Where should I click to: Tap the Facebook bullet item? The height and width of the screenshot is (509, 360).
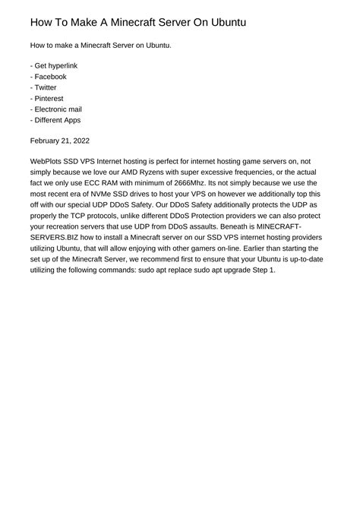[50, 77]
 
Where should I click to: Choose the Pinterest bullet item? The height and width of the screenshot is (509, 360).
[49, 98]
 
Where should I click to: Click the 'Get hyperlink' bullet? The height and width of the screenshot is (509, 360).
[55, 66]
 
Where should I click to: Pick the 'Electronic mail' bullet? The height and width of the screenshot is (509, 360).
[58, 109]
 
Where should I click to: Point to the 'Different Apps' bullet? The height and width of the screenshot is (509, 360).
[57, 119]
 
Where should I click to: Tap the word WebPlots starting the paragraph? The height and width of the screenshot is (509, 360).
[49, 162]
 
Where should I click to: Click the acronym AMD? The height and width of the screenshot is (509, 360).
[126, 172]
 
